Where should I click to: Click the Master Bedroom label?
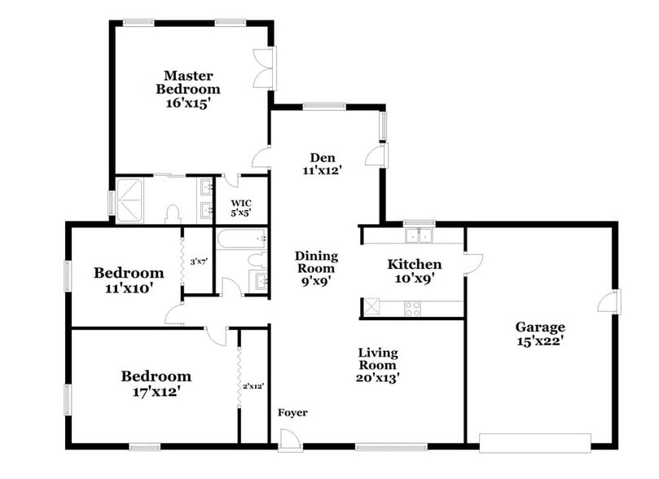[x=189, y=81]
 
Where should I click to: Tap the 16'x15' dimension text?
[x=189, y=103]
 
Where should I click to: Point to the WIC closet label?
[x=240, y=202]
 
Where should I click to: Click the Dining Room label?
[x=316, y=262]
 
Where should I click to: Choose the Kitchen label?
[x=414, y=265]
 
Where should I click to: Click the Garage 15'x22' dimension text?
[x=539, y=341]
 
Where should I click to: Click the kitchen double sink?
[x=420, y=235]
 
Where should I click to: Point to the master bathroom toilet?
[x=172, y=214]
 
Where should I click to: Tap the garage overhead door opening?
[x=534, y=443]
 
